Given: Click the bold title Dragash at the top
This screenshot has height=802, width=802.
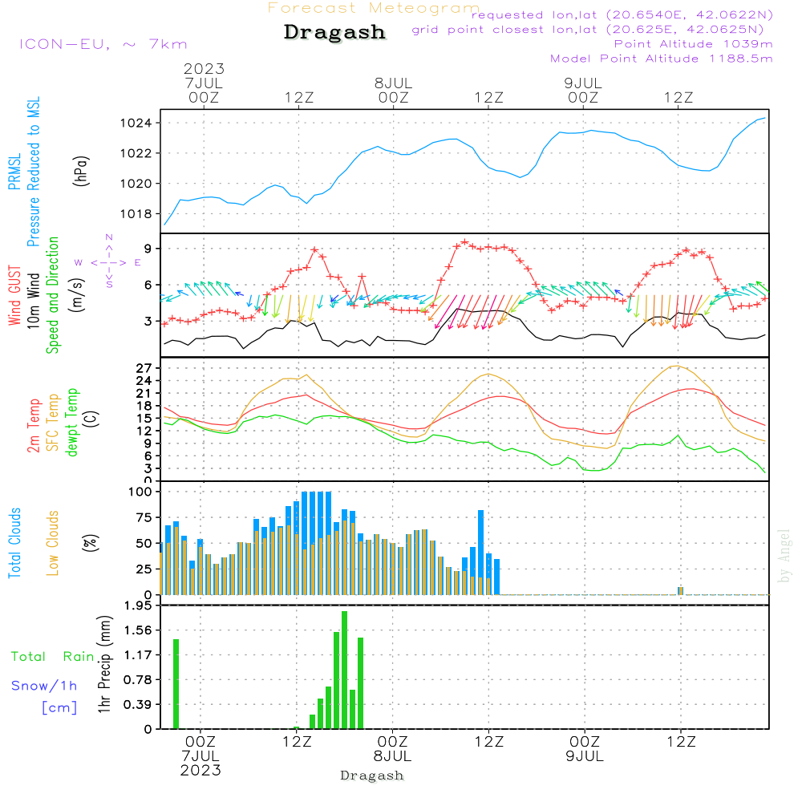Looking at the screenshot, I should [x=334, y=33].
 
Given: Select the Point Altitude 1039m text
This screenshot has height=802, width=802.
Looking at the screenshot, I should [x=693, y=44].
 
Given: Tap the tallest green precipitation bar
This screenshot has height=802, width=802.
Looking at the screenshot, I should [x=344, y=670].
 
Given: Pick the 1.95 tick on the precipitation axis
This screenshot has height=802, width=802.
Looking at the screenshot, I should [x=138, y=606].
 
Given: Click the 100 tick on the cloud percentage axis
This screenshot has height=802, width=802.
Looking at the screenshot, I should [x=140, y=491].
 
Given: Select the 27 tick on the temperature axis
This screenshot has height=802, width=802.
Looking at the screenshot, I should [x=143, y=368].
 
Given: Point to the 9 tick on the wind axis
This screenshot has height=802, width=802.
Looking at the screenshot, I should [x=148, y=248].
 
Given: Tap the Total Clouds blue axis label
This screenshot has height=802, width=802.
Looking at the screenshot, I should [x=14, y=543].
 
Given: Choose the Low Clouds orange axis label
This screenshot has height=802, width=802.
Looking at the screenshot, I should [x=53, y=543].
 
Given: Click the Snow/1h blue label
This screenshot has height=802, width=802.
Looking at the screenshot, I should [x=44, y=686].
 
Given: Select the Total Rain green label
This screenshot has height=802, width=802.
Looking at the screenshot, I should [x=52, y=656].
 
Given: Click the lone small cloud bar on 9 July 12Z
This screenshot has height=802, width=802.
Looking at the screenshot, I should [x=680, y=590].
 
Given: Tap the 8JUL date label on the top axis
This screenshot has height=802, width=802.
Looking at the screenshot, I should [x=393, y=83].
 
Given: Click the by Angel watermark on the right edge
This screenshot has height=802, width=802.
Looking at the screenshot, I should [x=785, y=556].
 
